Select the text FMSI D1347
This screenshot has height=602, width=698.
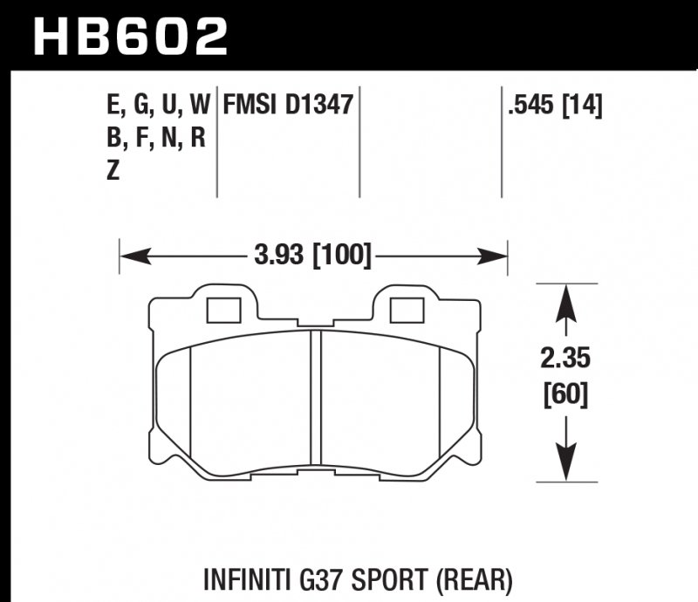[288, 106]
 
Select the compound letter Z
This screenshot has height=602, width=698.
[112, 172]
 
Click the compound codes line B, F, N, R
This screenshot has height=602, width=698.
[154, 140]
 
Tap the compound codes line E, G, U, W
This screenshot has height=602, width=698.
[157, 106]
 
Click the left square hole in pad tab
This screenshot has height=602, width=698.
[223, 311]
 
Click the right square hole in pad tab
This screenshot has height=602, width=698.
[406, 311]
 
